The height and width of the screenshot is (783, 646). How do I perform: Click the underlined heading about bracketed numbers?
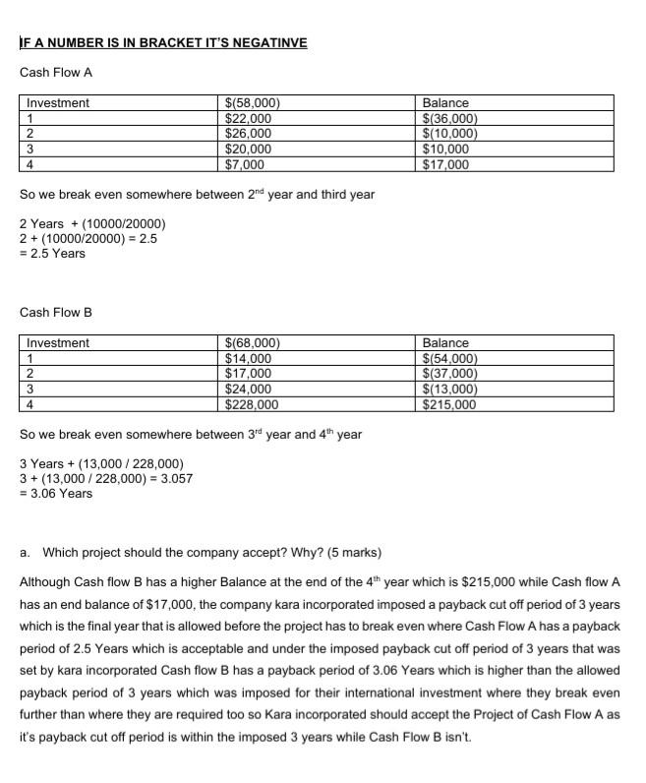163,42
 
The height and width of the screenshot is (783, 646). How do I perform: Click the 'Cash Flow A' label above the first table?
56,73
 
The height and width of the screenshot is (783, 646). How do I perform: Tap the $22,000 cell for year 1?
249,118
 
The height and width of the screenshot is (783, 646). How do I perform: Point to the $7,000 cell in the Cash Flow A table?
245,164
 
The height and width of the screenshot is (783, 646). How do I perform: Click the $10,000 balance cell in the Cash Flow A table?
445,149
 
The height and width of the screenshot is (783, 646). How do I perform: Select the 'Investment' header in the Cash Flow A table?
58,103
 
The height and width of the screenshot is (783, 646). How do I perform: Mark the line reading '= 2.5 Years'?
52,254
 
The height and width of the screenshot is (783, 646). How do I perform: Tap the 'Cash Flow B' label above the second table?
56,313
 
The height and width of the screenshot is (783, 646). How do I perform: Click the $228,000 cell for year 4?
252,404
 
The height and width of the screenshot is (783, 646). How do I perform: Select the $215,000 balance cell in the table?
449,404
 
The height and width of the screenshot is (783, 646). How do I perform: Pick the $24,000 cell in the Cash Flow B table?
249,389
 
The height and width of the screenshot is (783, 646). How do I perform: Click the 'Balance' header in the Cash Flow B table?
445,343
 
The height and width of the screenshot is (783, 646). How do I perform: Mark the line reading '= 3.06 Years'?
56,494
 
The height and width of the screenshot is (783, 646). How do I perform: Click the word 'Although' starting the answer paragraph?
45,582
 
